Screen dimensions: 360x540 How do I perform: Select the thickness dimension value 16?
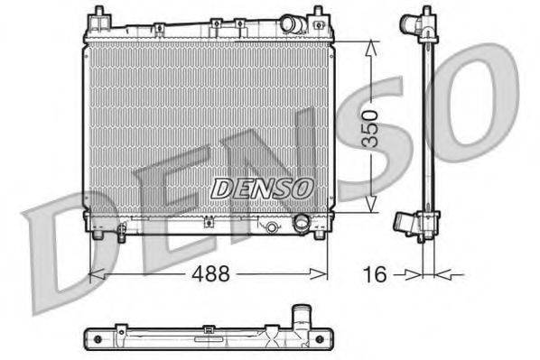point(377,272)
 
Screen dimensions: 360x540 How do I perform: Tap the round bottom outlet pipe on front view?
point(302,222)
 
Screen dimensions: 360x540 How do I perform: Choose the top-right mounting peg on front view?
point(318,15)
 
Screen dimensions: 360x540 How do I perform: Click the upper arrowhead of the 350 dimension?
point(369,45)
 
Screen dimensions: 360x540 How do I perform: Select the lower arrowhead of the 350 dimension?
point(369,208)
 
